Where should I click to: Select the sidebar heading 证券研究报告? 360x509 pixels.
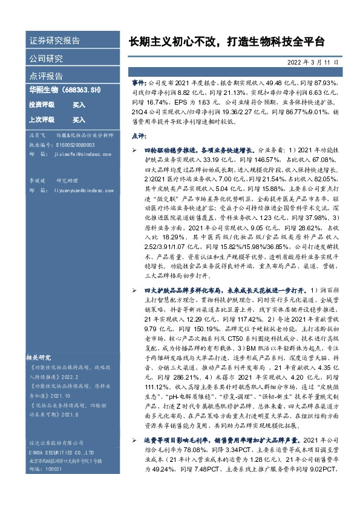point(54,41)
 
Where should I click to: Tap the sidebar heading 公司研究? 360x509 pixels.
point(46,59)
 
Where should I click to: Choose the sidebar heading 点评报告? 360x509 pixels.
point(46,76)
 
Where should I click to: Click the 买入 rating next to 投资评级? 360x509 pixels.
point(79,105)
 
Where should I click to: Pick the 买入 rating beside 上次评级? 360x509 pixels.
point(79,120)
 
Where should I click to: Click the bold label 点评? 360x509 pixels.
point(139,137)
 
